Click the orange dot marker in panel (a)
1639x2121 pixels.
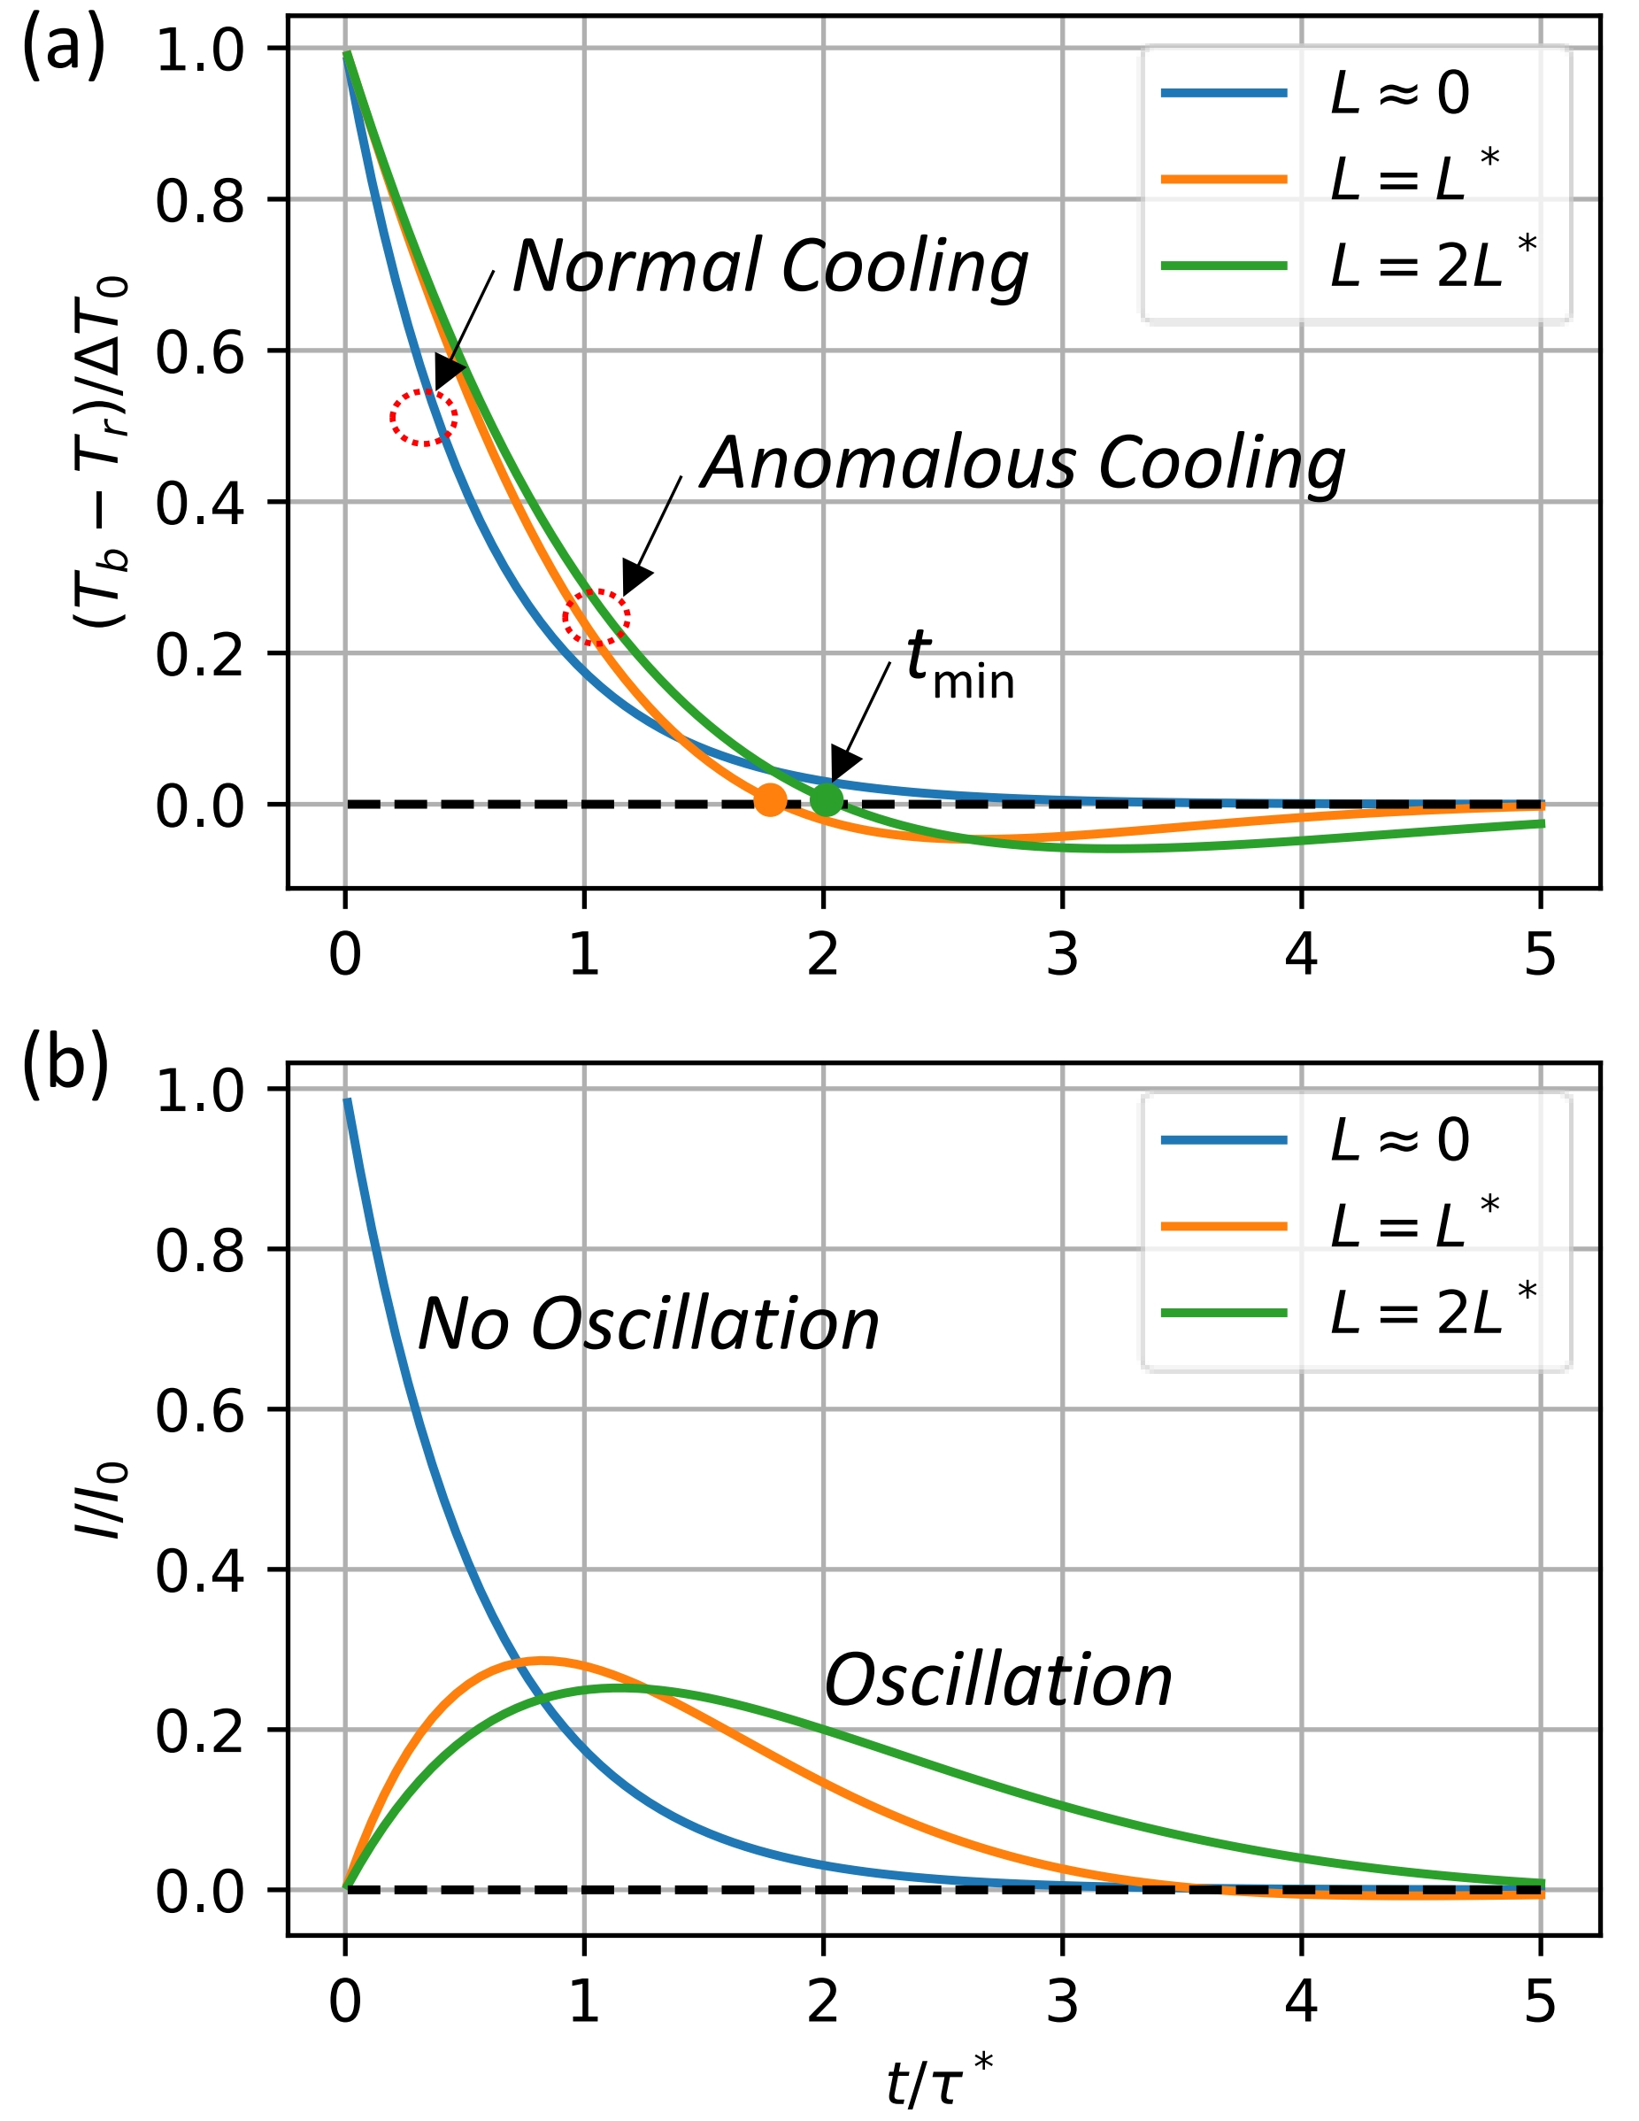[770, 799]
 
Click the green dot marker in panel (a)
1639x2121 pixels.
[827, 798]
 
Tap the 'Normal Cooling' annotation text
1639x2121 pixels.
[770, 266]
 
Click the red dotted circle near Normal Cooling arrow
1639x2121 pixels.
[423, 418]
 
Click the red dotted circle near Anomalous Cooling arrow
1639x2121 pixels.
[596, 617]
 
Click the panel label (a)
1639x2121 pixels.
[63, 49]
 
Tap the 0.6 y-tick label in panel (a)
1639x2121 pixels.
[200, 351]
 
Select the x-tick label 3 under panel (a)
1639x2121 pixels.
[1062, 953]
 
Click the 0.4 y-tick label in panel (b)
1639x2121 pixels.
[200, 1570]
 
